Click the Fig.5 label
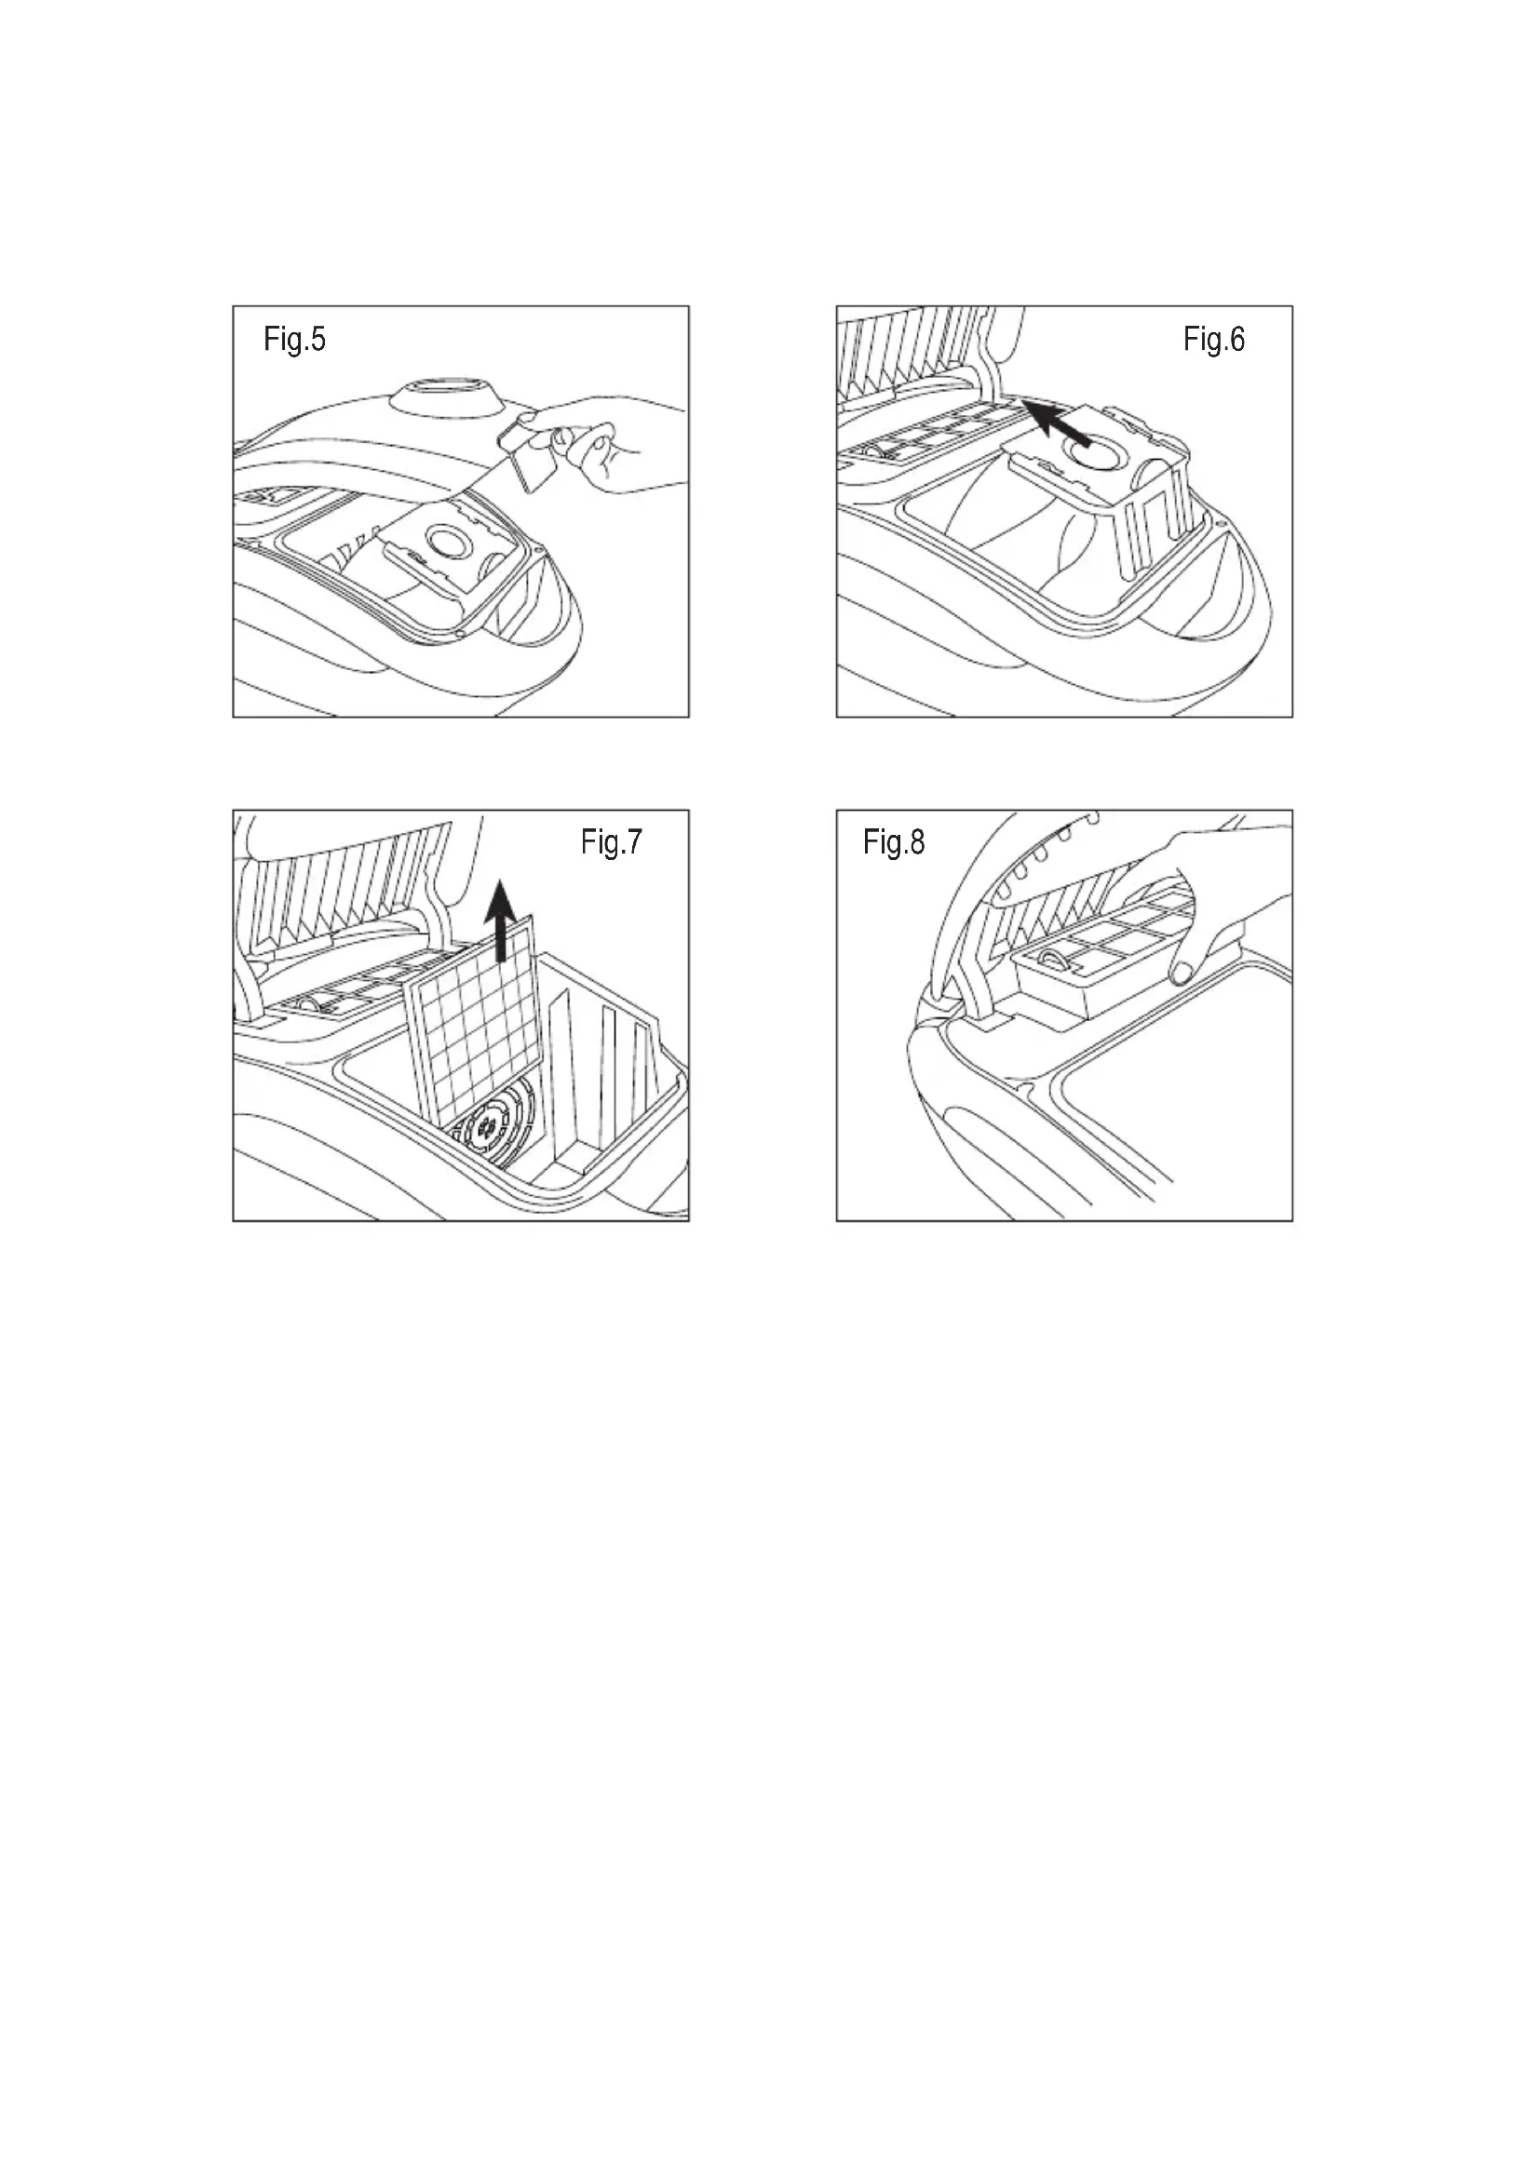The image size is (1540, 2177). (x=294, y=340)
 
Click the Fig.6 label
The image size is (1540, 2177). (x=1214, y=340)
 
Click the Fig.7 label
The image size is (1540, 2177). (x=612, y=842)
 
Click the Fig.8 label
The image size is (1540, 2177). (x=893, y=842)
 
